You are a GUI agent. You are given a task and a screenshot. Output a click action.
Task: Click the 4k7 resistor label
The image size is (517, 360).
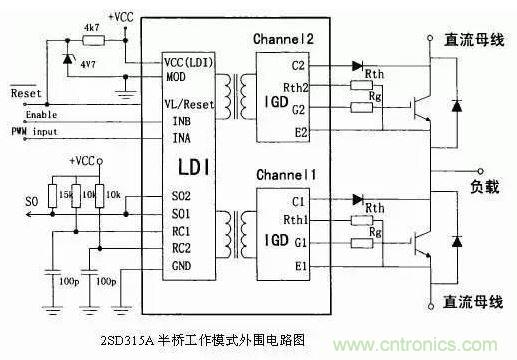point(91,27)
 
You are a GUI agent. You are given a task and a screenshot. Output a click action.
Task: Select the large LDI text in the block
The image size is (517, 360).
point(193,163)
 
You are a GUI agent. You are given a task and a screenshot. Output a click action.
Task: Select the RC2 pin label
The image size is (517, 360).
point(183,247)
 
